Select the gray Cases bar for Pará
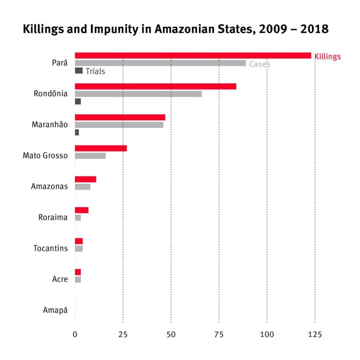point(160,63)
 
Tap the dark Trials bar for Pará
point(79,70)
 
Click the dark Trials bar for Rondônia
point(78,101)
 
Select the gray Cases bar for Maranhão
point(119,125)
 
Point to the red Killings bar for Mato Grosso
point(101,148)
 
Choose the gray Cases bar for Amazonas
point(83,186)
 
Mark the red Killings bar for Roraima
point(81,210)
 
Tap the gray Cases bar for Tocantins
point(79,248)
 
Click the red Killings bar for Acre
point(78,272)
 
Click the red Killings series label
point(327,57)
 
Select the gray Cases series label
point(260,64)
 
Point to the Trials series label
point(95,71)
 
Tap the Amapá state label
point(55,310)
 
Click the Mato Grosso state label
point(45,156)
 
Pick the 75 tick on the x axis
point(219,335)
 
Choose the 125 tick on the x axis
point(315,335)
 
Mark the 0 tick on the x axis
point(75,335)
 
